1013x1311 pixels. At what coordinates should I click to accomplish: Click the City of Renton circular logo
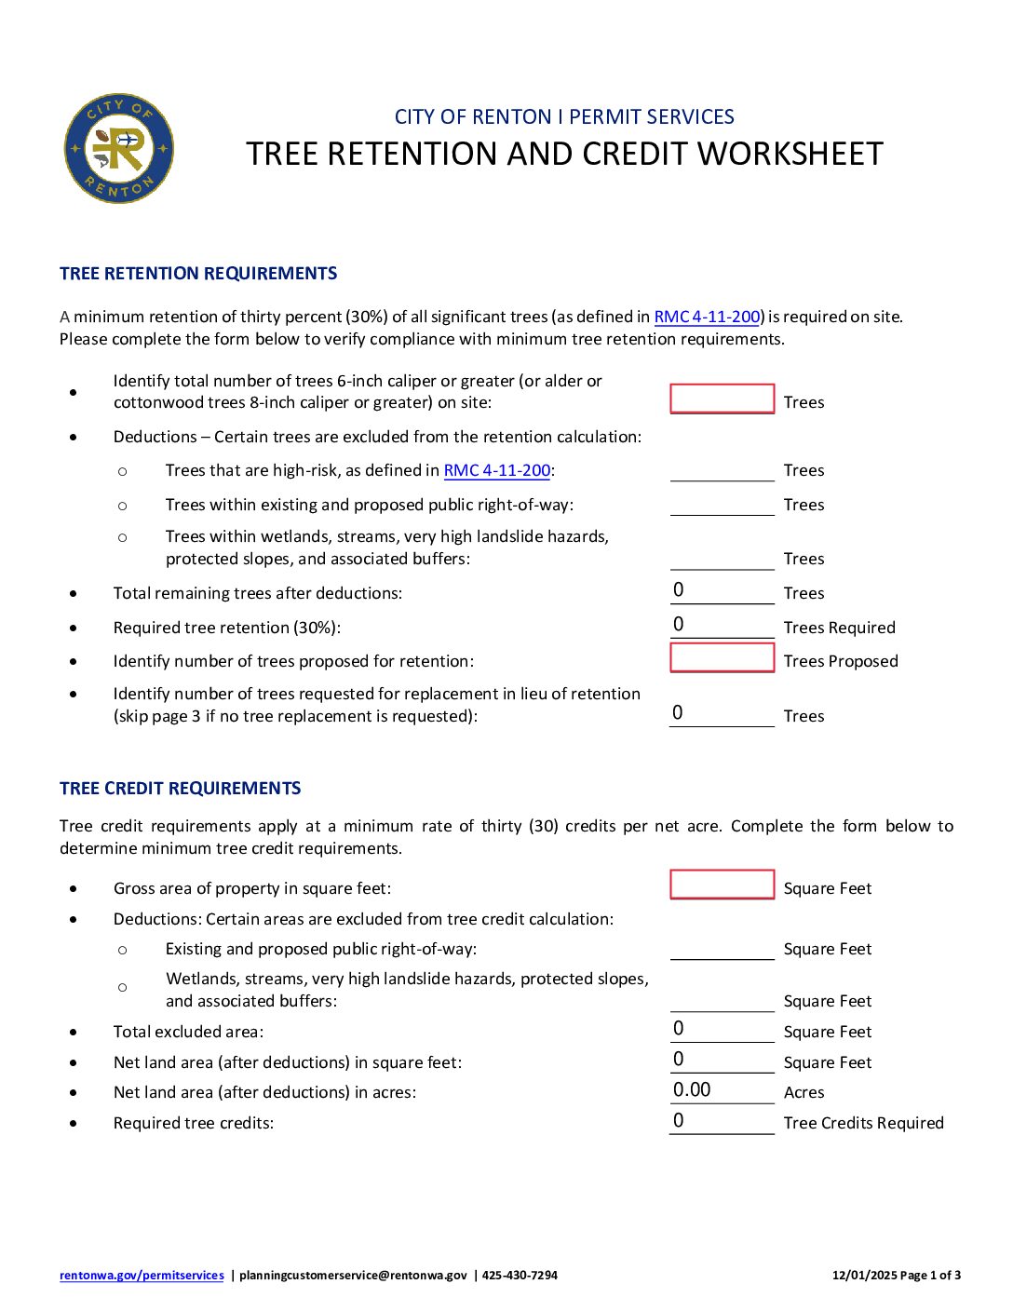tap(118, 148)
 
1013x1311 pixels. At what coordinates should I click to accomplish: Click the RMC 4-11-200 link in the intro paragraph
tap(707, 317)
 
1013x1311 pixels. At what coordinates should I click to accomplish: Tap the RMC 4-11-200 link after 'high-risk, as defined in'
tap(496, 470)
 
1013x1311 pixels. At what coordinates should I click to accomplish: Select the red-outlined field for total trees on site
tap(722, 399)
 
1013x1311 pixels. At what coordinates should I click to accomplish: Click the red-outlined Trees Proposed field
tap(722, 658)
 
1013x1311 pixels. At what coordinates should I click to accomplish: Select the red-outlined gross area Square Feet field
tap(722, 885)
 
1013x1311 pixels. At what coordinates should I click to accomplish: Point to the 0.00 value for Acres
tap(692, 1090)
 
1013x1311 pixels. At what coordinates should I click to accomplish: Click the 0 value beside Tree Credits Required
tap(679, 1121)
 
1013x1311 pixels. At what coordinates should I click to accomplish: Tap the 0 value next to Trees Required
tap(679, 625)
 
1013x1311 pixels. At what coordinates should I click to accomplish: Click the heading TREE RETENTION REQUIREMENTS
tap(198, 274)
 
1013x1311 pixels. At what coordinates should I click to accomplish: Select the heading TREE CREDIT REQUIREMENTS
tap(180, 789)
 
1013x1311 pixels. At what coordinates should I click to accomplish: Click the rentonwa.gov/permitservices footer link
tap(142, 1276)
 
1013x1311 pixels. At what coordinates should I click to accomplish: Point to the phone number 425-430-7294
tap(520, 1276)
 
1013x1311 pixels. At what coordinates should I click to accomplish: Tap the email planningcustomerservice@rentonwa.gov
tap(353, 1276)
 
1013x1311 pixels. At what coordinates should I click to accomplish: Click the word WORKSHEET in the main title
tap(790, 155)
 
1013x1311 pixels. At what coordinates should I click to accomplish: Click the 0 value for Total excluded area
tap(679, 1029)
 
